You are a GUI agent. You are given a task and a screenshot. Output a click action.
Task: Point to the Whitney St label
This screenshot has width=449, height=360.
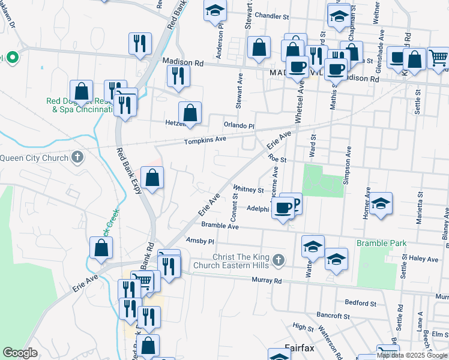(x=249, y=190)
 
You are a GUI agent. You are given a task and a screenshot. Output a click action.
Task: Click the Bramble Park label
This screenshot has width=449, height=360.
(x=382, y=243)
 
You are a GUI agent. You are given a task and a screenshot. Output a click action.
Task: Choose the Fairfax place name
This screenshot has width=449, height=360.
(x=300, y=347)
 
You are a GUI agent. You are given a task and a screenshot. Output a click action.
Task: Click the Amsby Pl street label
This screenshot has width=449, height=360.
(x=200, y=241)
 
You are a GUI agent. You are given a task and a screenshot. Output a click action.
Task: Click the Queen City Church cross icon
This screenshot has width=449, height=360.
(x=76, y=157)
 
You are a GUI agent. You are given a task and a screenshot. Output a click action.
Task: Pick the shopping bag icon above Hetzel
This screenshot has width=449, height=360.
(x=190, y=113)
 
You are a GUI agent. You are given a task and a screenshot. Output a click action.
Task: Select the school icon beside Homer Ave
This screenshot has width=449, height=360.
(x=381, y=205)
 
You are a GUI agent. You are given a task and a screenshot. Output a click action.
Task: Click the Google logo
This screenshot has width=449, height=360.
(x=20, y=353)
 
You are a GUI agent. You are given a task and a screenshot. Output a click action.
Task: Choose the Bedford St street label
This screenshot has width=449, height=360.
(x=361, y=304)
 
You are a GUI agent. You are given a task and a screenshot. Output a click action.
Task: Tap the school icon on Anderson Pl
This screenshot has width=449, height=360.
(x=215, y=11)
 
